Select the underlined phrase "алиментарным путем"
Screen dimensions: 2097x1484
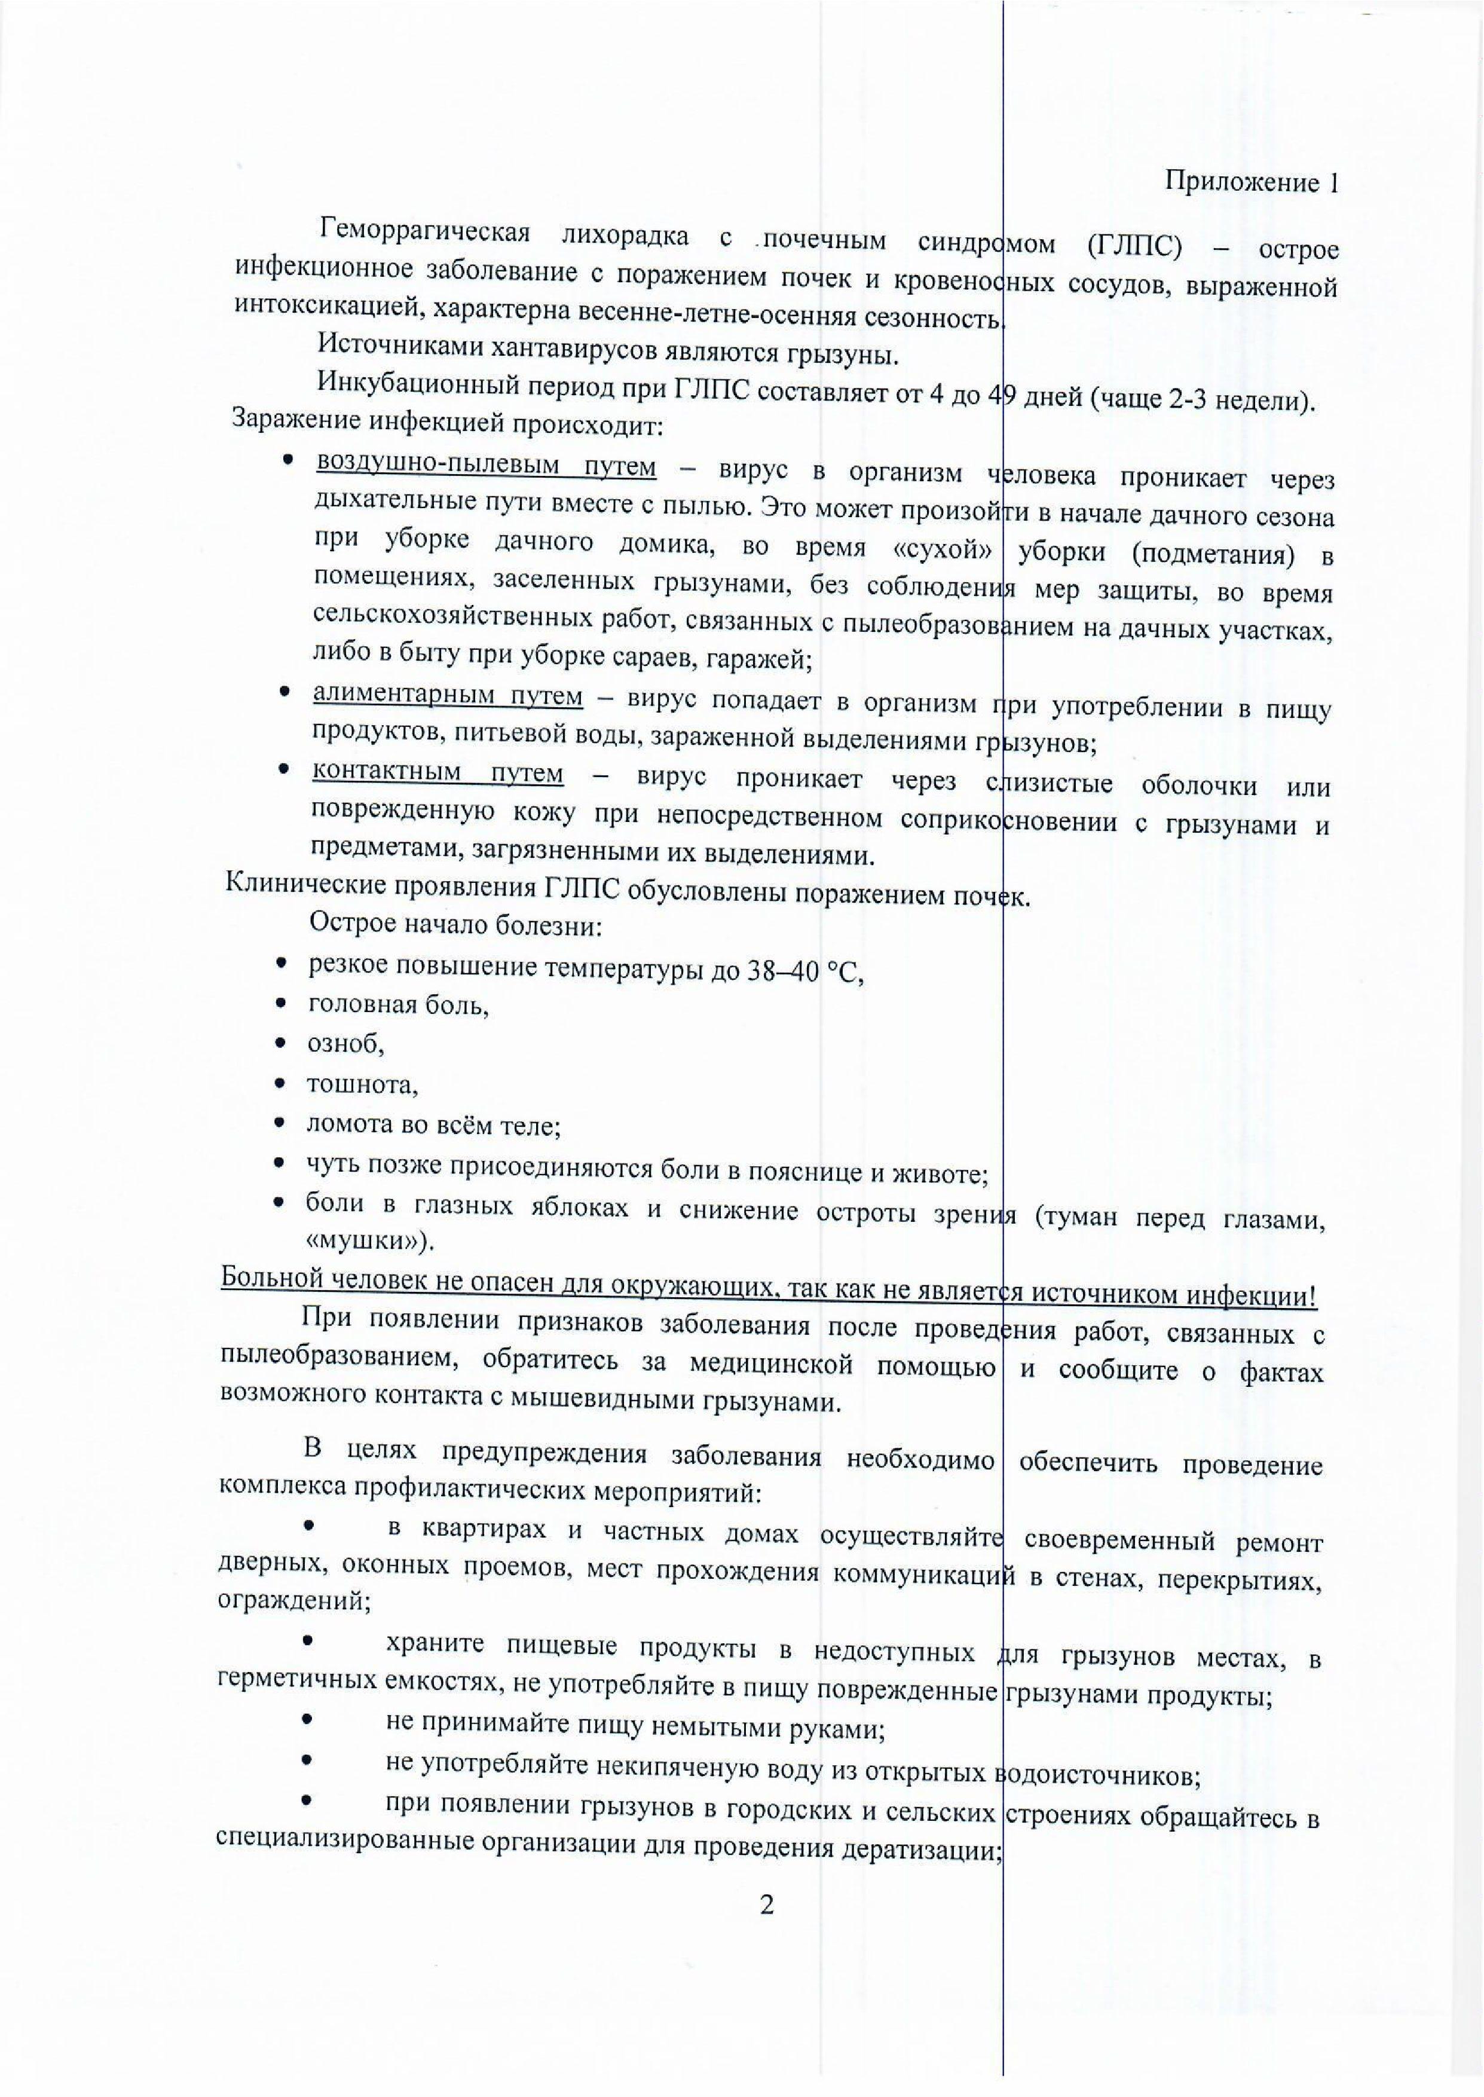(448, 696)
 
